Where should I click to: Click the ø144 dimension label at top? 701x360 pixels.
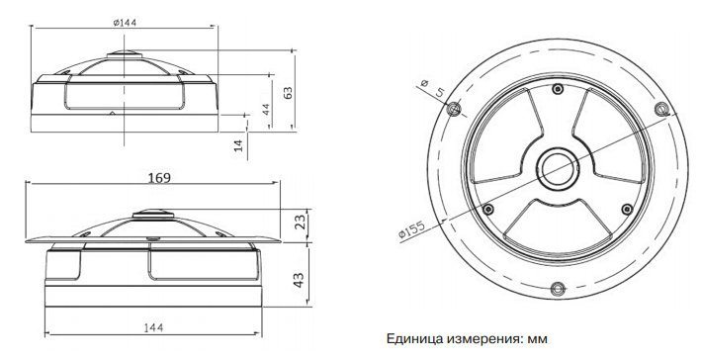[125, 23]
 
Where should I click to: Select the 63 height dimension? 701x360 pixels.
[288, 93]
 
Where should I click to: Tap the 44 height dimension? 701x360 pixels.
[266, 109]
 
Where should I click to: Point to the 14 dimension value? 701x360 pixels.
[238, 145]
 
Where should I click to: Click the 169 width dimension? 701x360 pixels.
[159, 178]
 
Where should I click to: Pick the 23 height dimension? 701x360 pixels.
[301, 223]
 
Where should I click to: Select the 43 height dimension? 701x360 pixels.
[299, 280]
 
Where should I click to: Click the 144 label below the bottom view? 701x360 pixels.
[153, 327]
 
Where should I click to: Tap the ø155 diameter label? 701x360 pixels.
[411, 229]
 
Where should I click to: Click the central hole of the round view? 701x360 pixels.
[558, 170]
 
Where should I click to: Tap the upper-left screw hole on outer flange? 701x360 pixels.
[453, 109]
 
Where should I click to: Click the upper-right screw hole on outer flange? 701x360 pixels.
[661, 109]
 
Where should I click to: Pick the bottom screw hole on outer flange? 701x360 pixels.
[558, 289]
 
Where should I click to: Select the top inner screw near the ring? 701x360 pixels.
[558, 89]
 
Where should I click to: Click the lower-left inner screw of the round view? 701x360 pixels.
[488, 209]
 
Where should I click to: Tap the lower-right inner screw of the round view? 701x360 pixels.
[627, 209]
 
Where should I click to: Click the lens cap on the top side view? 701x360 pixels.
[125, 54]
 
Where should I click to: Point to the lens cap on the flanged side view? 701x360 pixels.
[153, 214]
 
